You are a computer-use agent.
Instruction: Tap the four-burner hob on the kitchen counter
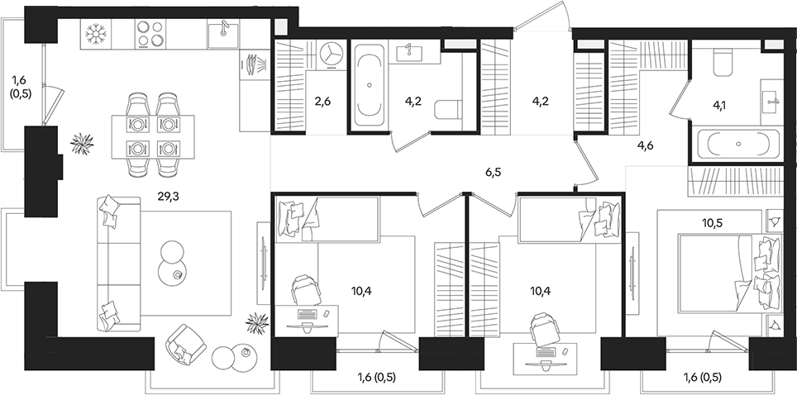pyautogui.click(x=150, y=36)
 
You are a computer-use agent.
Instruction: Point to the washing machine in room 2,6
pyautogui.click(x=331, y=53)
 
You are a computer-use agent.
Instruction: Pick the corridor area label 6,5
pyautogui.click(x=494, y=173)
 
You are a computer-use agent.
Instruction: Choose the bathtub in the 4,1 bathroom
pyautogui.click(x=737, y=145)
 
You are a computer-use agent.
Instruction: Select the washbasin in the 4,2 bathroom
pyautogui.click(x=409, y=53)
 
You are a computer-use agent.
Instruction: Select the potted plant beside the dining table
pyautogui.click(x=82, y=144)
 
